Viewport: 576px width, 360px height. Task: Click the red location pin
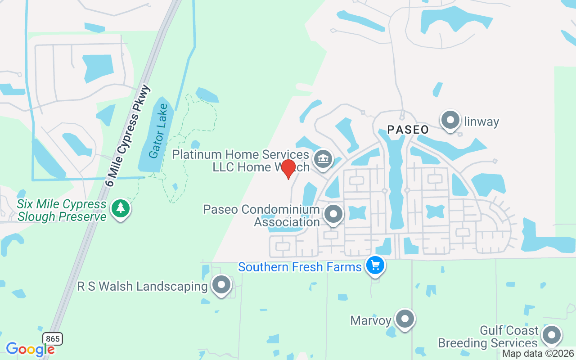[288, 169]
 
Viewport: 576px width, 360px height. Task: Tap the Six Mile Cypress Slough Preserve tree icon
[120, 208]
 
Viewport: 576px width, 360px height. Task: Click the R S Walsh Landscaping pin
[221, 284]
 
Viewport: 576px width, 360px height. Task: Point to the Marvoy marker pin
[405, 319]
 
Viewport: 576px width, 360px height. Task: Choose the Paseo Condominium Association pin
[333, 213]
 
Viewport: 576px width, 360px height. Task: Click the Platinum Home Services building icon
[323, 158]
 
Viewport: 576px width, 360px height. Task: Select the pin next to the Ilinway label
[450, 120]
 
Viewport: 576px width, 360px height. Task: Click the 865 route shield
[53, 339]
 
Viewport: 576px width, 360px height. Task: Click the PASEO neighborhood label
[408, 130]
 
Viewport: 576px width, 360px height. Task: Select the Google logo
[30, 349]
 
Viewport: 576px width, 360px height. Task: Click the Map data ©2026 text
[538, 354]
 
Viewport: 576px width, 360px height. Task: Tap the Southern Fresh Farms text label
[300, 267]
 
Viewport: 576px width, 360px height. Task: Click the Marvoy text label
[370, 320]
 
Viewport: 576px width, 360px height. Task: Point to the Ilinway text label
[481, 121]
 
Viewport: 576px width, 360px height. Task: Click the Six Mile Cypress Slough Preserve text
[62, 210]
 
